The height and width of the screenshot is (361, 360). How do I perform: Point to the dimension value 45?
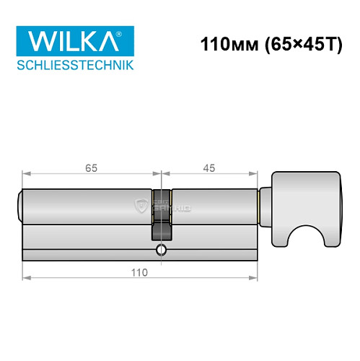(x=209, y=168)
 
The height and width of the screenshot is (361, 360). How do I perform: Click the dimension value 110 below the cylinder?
(x=139, y=272)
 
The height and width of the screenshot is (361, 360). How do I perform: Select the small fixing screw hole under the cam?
(x=159, y=251)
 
